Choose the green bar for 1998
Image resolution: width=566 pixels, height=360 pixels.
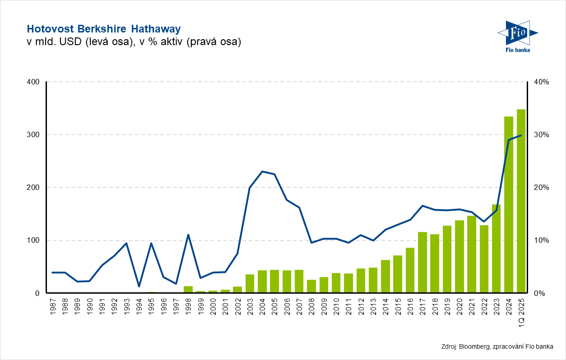click(x=188, y=289)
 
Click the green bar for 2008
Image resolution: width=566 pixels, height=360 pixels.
click(x=311, y=286)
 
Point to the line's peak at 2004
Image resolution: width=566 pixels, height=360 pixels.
click(x=262, y=171)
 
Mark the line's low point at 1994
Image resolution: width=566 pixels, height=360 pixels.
click(x=139, y=286)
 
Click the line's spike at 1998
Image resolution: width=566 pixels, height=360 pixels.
click(x=188, y=235)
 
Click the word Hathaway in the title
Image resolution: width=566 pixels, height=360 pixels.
click(x=156, y=29)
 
